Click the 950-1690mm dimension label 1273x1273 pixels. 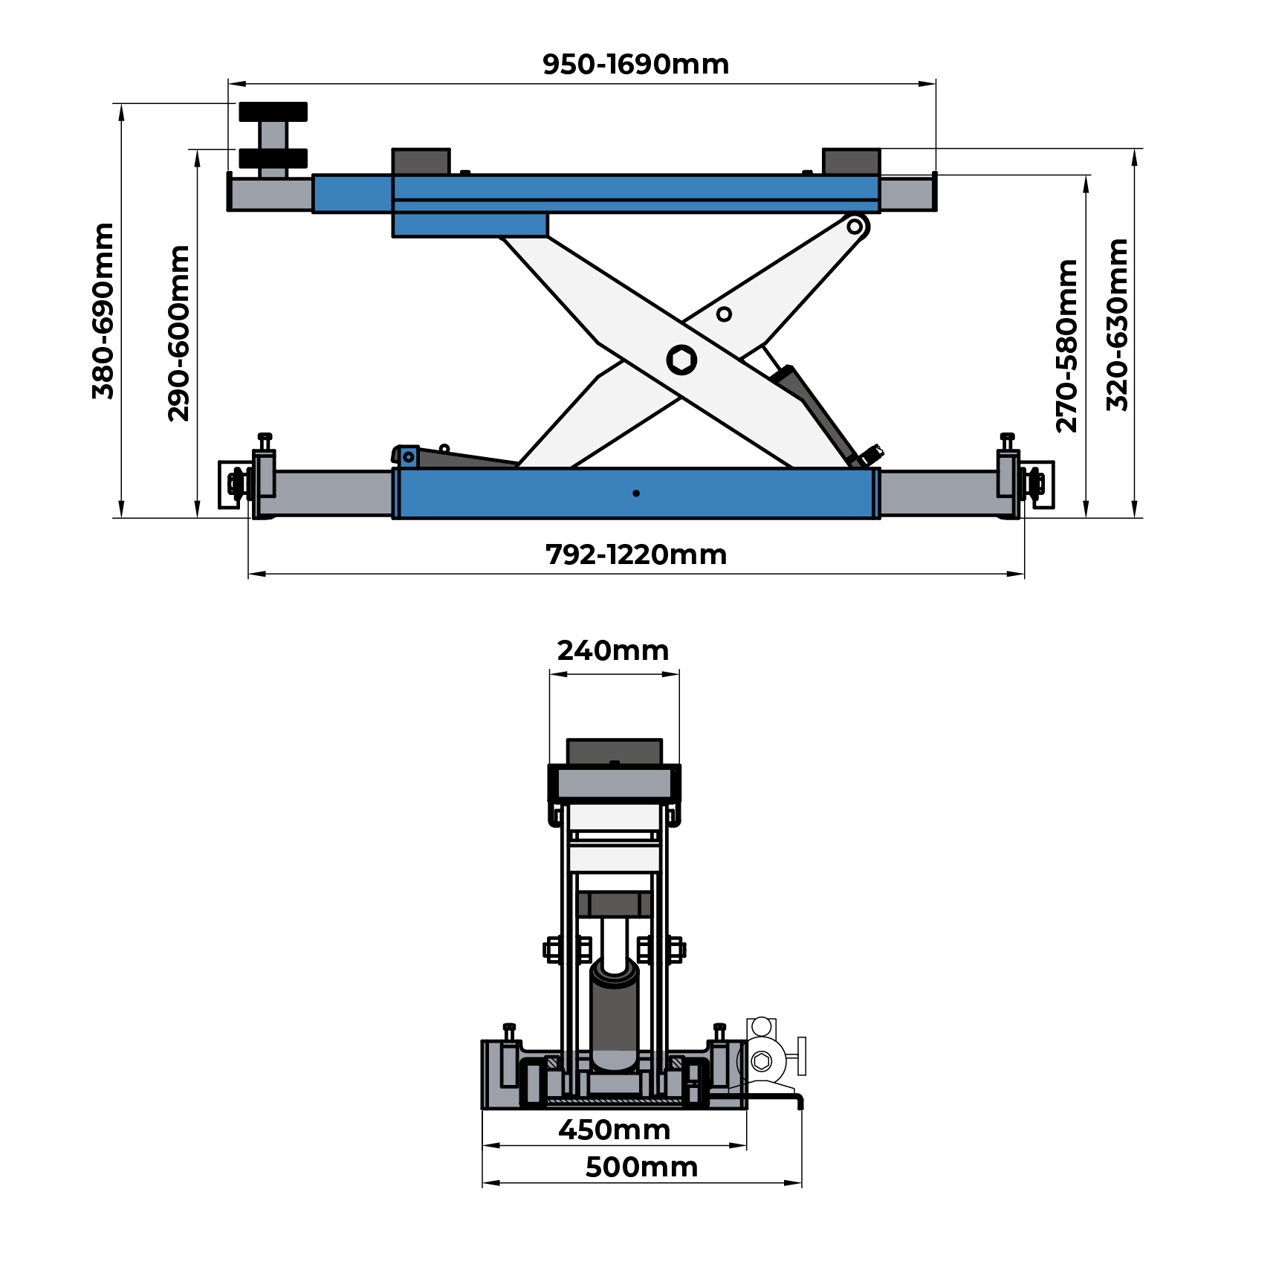[x=635, y=65]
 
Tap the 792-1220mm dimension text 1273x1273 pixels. [x=635, y=555]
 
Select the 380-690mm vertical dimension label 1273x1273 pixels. [x=103, y=311]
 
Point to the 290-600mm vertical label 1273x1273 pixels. [x=179, y=333]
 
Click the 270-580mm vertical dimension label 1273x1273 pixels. [x=1066, y=346]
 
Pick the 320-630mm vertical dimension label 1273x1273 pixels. [x=1117, y=325]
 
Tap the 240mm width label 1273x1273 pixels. [x=613, y=651]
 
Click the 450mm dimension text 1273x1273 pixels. [x=615, y=1130]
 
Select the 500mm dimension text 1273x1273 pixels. [x=641, y=1167]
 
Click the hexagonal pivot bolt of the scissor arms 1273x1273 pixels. [x=681, y=360]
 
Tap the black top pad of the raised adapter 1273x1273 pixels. [x=273, y=111]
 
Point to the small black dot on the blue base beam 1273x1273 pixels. [x=636, y=493]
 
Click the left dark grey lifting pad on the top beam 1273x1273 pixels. [x=421, y=161]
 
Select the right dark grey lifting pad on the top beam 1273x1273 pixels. [x=852, y=161]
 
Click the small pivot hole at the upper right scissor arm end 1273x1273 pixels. [x=855, y=226]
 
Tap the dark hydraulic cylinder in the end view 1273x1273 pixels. [x=614, y=1014]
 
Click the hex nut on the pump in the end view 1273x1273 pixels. [x=761, y=1061]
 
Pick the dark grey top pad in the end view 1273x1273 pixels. [x=614, y=751]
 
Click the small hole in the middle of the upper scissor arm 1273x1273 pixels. [x=724, y=314]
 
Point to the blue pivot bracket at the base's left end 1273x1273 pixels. [x=408, y=457]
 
